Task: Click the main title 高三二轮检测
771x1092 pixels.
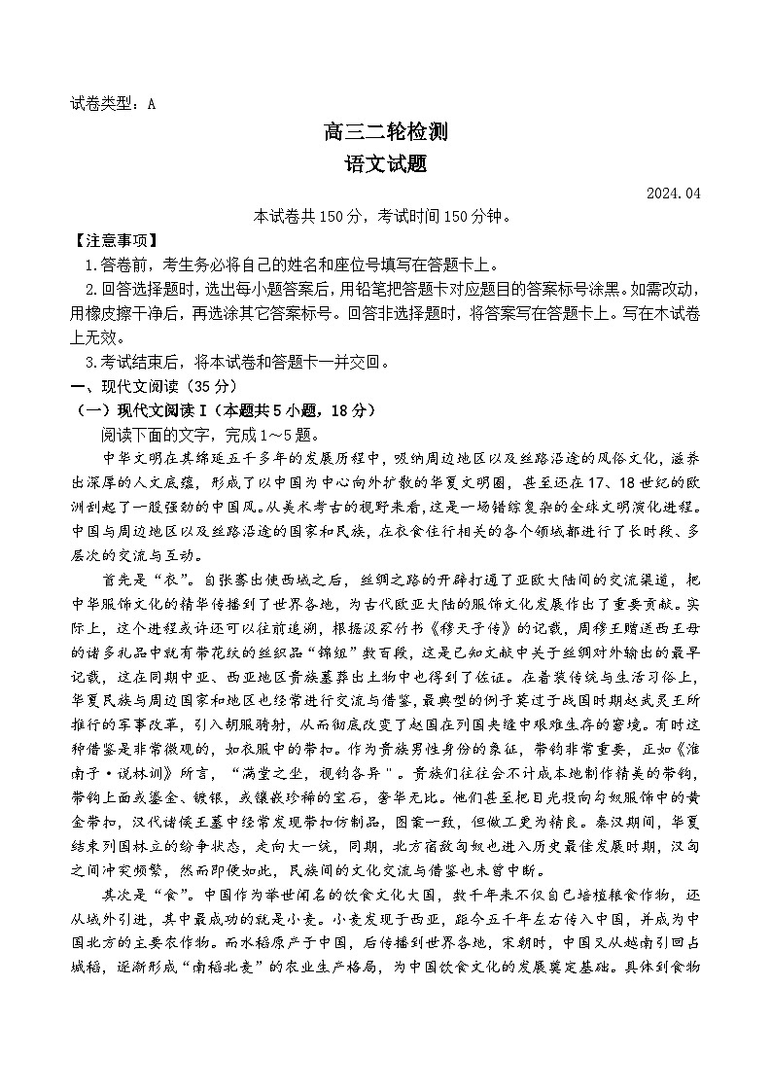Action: tap(385, 134)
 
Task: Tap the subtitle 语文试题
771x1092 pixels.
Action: tap(385, 165)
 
